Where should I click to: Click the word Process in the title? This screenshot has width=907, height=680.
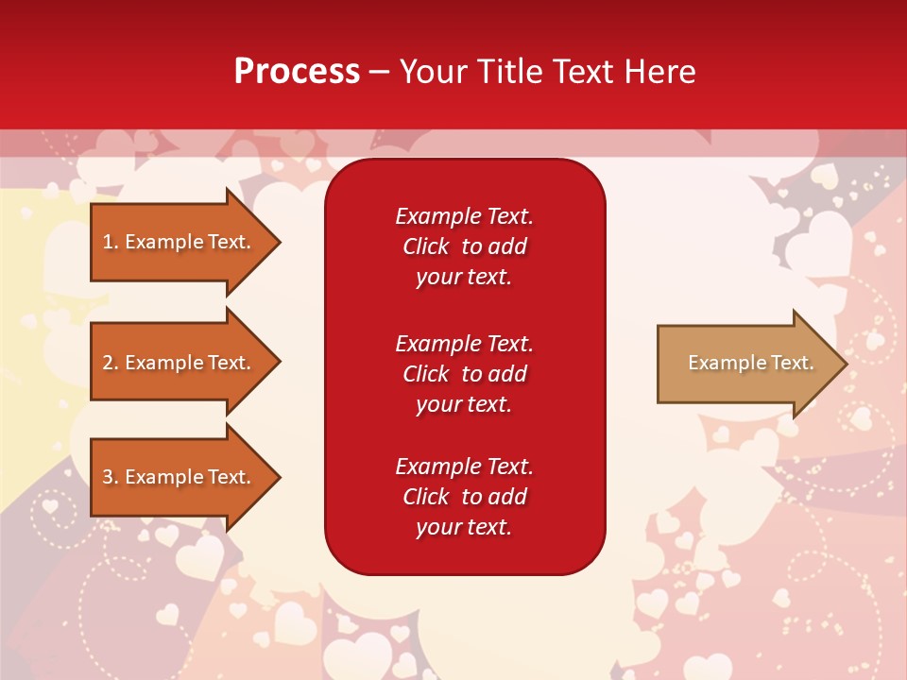(297, 72)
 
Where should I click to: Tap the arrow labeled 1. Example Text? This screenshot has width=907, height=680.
(180, 242)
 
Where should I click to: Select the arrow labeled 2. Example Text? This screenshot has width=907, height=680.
(180, 363)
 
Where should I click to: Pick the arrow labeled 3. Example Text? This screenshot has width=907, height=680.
(180, 477)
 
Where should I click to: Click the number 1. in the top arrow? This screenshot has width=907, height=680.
(111, 242)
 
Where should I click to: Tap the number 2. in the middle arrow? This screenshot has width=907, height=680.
(111, 363)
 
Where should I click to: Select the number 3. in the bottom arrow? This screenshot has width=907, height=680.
(111, 477)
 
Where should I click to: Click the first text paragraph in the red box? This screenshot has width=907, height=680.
(464, 246)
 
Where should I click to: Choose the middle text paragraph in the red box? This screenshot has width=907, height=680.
(464, 374)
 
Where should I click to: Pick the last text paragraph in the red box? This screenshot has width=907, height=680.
(464, 497)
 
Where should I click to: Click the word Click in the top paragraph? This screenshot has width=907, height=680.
(425, 246)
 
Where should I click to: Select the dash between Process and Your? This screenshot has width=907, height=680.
(379, 73)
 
